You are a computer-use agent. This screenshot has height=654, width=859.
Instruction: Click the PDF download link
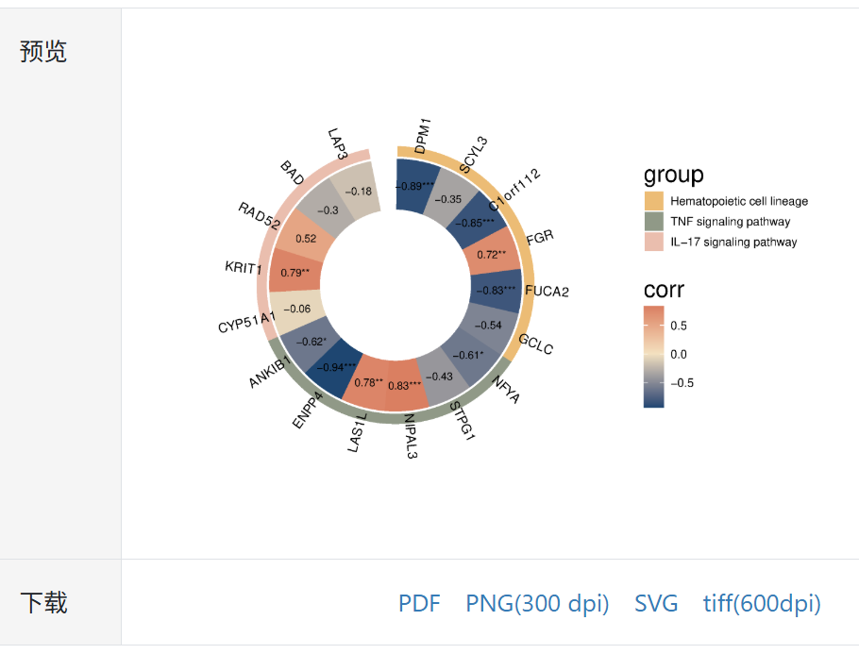tap(419, 603)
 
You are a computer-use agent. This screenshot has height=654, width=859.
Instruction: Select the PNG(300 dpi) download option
tap(537, 603)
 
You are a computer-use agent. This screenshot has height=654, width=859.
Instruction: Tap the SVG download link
tap(656, 603)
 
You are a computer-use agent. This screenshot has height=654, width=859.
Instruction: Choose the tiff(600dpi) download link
tap(762, 603)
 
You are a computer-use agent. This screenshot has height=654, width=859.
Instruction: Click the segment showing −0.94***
tap(336, 367)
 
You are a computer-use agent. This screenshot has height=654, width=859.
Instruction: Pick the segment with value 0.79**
tap(295, 274)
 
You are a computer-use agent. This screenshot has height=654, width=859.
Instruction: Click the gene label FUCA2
tap(547, 291)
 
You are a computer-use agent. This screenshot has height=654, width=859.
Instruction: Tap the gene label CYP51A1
tap(246, 321)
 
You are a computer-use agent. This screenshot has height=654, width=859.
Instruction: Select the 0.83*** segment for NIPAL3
tap(404, 385)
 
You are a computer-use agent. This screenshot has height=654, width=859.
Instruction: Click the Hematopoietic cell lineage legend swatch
tap(654, 201)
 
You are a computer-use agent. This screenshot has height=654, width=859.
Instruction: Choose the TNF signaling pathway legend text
tap(730, 222)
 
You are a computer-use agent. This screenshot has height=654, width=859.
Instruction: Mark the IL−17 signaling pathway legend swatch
tap(654, 243)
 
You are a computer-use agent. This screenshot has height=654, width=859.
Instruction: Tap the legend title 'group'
tap(673, 175)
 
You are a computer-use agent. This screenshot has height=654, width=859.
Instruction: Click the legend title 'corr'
tap(664, 290)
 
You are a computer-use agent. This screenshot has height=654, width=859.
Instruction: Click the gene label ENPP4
tap(308, 411)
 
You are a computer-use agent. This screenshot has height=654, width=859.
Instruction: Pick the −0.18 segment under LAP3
tap(359, 192)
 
